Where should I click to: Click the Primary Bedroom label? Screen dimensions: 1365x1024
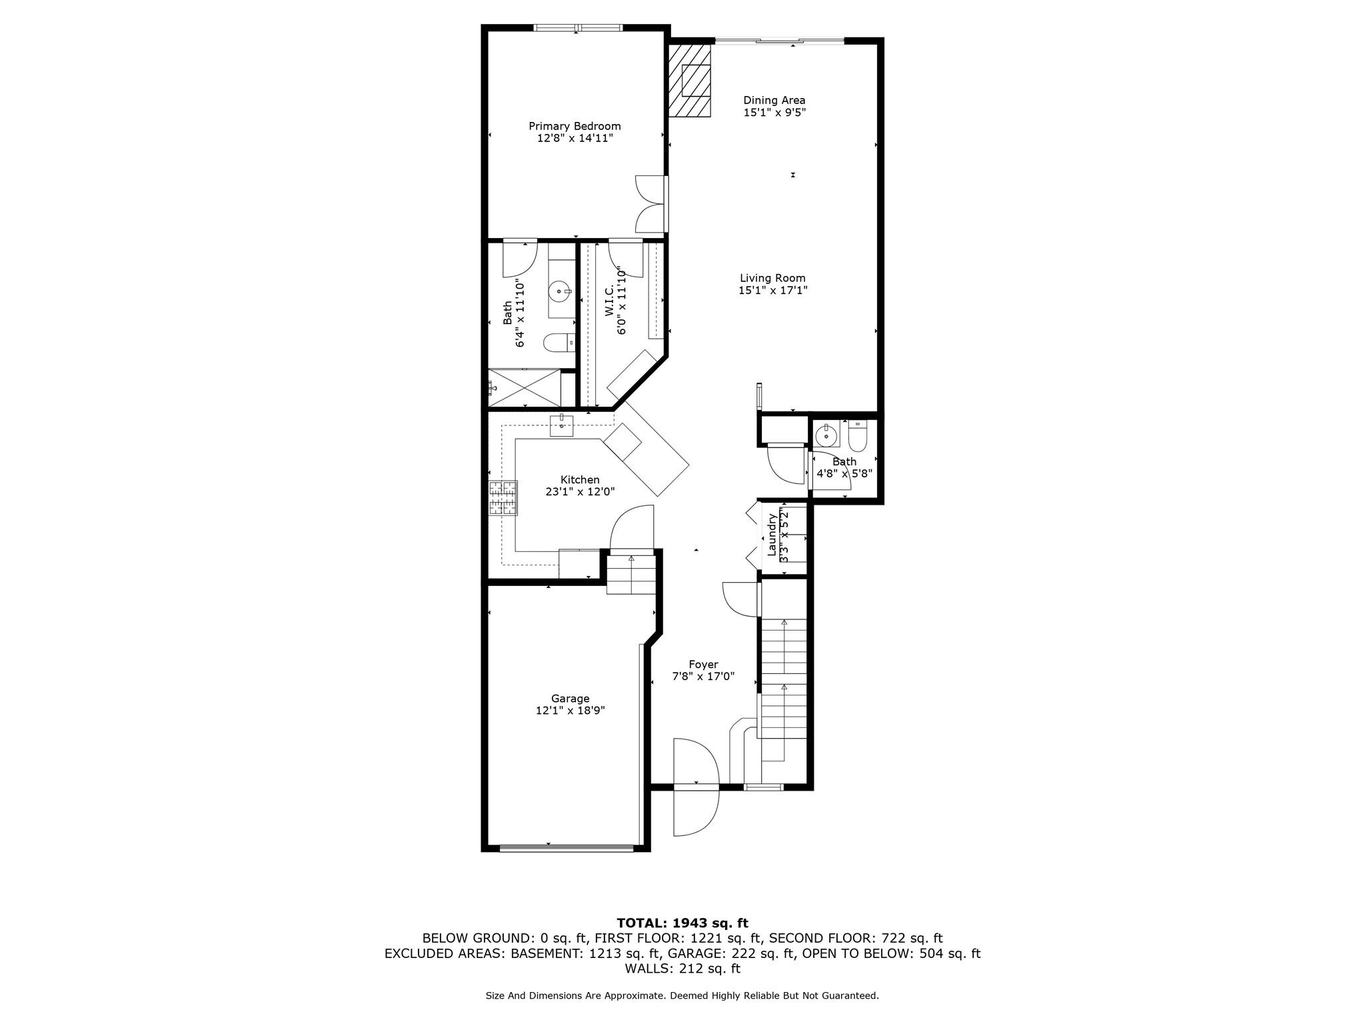(575, 126)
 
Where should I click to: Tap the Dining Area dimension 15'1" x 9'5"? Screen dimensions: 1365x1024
(774, 113)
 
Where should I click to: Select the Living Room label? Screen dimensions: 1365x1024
(772, 278)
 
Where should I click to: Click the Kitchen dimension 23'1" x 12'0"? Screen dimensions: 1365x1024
(580, 492)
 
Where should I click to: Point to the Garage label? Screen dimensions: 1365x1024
(570, 699)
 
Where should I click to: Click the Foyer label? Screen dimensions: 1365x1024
(703, 665)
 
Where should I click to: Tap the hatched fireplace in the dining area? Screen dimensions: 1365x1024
(690, 81)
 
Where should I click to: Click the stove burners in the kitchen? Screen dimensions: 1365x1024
(503, 498)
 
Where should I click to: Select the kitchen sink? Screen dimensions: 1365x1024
(561, 425)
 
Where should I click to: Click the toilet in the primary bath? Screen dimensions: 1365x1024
(559, 343)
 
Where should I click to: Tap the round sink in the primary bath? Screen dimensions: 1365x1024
(560, 291)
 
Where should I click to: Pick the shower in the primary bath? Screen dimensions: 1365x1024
(525, 387)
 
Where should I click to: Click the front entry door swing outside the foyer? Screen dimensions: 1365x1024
(696, 813)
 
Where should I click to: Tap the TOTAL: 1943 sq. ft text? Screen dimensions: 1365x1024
(682, 923)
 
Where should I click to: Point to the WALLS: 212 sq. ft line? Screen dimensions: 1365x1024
(682, 969)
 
